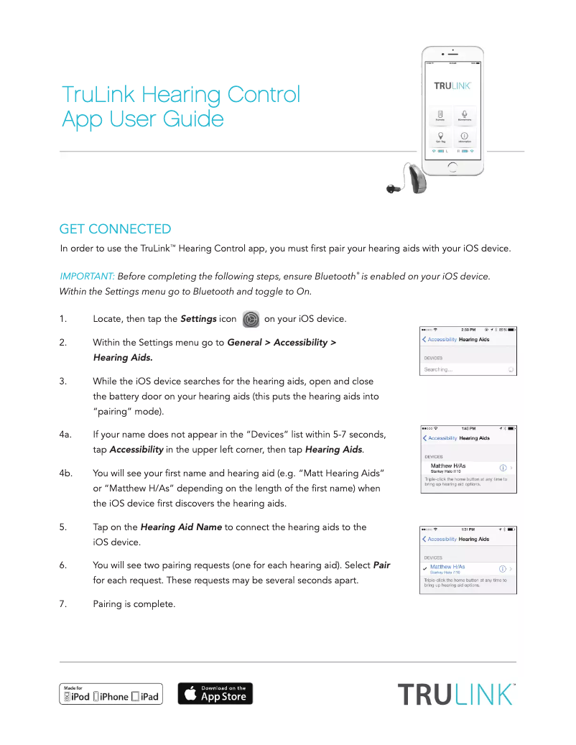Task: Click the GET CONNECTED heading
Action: pyautogui.click(x=115, y=229)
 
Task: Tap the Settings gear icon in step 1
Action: pyautogui.click(x=251, y=319)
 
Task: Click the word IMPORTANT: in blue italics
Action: pyautogui.click(x=87, y=277)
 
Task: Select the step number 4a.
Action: pyautogui.click(x=65, y=434)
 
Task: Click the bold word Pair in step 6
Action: pyautogui.click(x=382, y=565)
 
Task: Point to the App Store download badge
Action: pyautogui.click(x=215, y=694)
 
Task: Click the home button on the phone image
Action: pyautogui.click(x=452, y=167)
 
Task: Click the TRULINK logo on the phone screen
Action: pyautogui.click(x=452, y=85)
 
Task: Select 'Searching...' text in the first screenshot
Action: pyautogui.click(x=438, y=369)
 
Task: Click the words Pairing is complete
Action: pyautogui.click(x=134, y=604)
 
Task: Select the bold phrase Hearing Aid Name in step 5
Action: pyautogui.click(x=181, y=527)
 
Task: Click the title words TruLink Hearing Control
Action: pyautogui.click(x=181, y=94)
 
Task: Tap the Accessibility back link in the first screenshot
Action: pyautogui.click(x=441, y=339)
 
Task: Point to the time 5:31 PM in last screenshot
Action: pyautogui.click(x=469, y=529)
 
